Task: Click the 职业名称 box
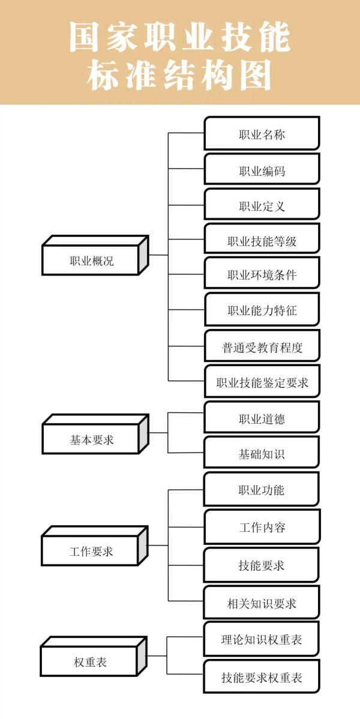point(262,134)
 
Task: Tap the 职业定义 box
point(262,206)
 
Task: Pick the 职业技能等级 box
point(262,241)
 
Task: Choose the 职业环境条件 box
point(262,275)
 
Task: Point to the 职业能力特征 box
point(262,310)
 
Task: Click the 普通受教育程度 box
point(262,346)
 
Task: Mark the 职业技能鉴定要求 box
point(262,382)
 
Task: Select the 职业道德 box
point(262,418)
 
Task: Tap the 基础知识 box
point(262,454)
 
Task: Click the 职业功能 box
point(262,490)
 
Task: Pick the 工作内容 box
point(262,528)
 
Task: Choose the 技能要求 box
point(262,565)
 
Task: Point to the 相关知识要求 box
point(262,603)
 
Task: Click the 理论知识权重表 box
point(262,640)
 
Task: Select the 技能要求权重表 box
point(262,678)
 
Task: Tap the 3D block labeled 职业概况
point(91,260)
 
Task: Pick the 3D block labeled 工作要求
point(91,550)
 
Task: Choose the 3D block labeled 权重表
point(91,662)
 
